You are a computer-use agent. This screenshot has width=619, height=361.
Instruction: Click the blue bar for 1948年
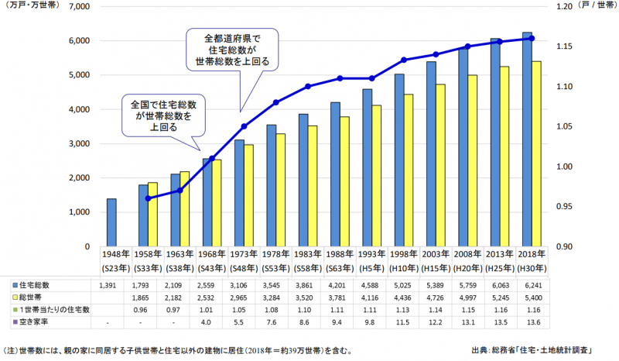(x=111, y=222)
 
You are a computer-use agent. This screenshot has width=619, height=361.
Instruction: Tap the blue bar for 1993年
(x=368, y=167)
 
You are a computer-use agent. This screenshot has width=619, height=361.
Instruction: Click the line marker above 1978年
(x=276, y=102)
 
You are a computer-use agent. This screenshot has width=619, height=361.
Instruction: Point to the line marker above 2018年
(x=532, y=38)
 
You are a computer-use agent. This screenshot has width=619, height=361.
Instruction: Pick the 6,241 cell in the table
(x=532, y=287)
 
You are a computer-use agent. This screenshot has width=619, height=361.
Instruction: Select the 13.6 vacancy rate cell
(x=532, y=321)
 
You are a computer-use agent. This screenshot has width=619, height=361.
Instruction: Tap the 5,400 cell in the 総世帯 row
(x=532, y=298)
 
